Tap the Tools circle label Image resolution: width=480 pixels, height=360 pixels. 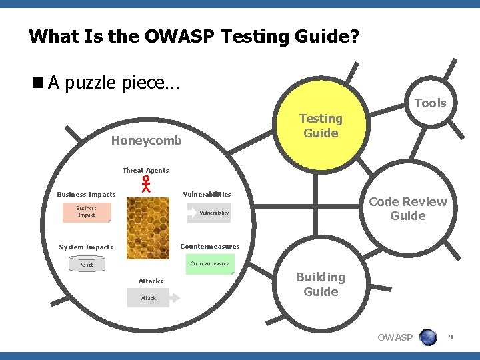coord(430,103)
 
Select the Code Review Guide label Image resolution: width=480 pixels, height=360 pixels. coord(408,209)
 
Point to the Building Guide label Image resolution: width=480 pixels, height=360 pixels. coord(321,284)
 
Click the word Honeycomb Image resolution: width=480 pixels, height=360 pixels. coord(146,141)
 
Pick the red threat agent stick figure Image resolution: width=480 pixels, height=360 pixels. coord(145,183)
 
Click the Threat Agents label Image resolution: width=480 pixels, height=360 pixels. coord(145,170)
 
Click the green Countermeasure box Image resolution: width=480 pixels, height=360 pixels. coord(209,263)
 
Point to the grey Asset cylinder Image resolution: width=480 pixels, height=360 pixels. coord(87,265)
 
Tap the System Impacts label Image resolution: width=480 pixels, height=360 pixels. coord(86,247)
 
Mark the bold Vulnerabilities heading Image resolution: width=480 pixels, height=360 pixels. coord(207,195)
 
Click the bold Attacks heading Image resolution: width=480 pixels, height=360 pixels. coord(150,281)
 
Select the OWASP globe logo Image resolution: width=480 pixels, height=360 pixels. coord(428,337)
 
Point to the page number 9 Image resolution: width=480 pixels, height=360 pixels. coord(450,337)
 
